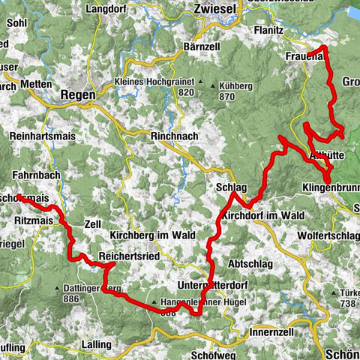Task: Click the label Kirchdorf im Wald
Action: pos(263,215)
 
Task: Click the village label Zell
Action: pos(93,224)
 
